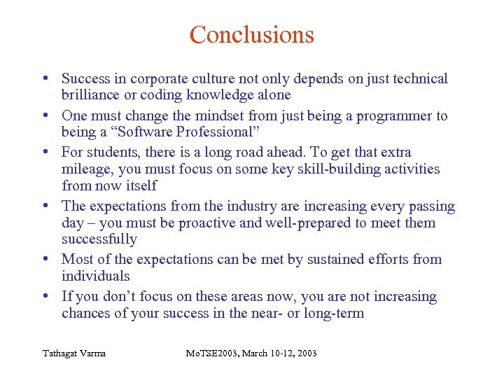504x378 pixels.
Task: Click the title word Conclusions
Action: (x=251, y=34)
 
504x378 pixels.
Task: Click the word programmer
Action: (x=393, y=115)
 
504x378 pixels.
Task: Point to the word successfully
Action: (x=99, y=239)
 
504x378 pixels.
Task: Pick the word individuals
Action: (x=96, y=276)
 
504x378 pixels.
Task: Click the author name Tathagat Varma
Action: (x=73, y=353)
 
